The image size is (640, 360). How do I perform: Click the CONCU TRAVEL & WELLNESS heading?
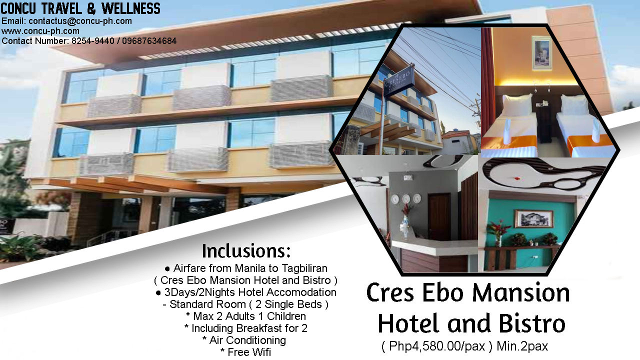[80, 8]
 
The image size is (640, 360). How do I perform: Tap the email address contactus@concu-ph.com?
[80, 21]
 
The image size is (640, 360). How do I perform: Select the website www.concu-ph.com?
[40, 31]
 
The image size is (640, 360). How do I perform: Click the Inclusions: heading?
[246, 250]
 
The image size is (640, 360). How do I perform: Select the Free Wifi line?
[245, 352]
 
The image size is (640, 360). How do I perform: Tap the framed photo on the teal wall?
[533, 218]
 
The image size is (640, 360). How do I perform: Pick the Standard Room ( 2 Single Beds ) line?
[245, 304]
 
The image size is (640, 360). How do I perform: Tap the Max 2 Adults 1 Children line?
[245, 316]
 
